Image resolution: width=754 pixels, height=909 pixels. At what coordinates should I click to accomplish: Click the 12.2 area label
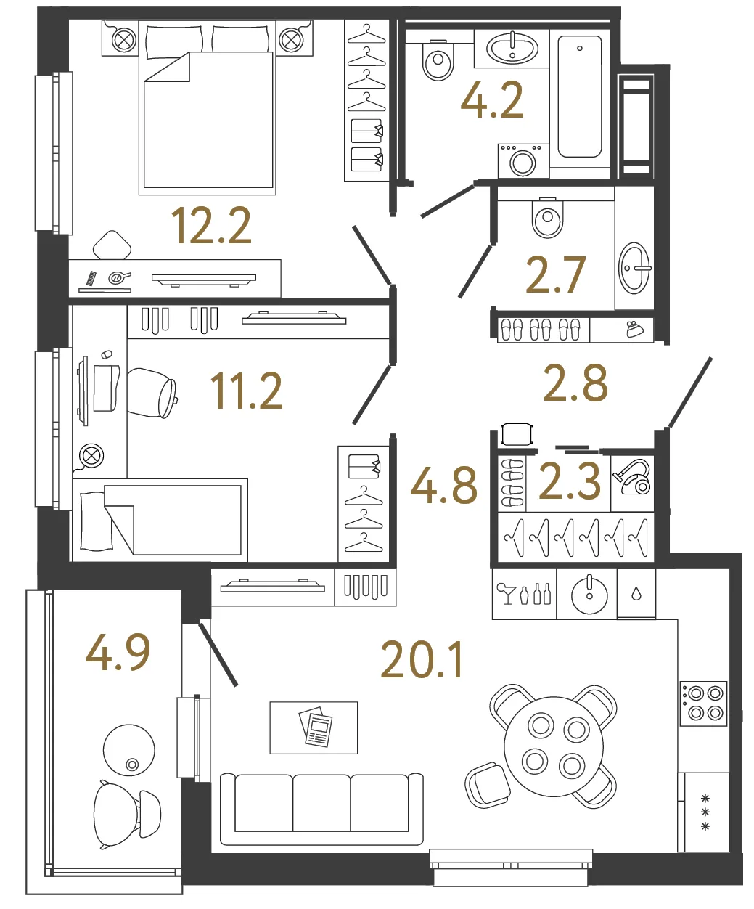[x=211, y=225]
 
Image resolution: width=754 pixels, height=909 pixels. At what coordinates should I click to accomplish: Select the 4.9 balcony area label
[x=118, y=652]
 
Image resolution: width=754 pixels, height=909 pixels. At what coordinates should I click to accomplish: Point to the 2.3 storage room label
[x=570, y=481]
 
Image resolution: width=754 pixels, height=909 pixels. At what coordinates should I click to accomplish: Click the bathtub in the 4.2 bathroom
[x=580, y=97]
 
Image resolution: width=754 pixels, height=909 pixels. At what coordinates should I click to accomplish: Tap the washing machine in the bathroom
[x=523, y=160]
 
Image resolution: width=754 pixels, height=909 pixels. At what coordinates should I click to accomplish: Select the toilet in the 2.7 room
[x=547, y=217]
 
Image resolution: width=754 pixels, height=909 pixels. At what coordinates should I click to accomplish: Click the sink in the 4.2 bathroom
[x=512, y=48]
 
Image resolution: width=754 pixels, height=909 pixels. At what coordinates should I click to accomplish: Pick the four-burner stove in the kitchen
[x=703, y=703]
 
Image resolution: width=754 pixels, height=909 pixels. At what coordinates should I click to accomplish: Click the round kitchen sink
[x=589, y=595]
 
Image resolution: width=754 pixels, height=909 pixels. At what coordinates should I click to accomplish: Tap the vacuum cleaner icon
[x=633, y=477]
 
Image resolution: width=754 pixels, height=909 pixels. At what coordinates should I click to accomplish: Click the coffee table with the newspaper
[x=314, y=727]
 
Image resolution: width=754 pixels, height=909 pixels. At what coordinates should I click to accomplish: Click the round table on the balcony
[x=128, y=750]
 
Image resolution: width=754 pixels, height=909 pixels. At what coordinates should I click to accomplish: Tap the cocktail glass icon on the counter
[x=506, y=594]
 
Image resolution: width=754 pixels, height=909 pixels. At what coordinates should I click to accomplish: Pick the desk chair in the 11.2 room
[x=152, y=393]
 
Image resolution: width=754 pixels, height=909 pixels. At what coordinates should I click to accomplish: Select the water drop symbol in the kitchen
[x=636, y=594]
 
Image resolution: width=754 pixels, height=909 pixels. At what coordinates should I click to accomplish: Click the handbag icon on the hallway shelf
[x=635, y=330]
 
